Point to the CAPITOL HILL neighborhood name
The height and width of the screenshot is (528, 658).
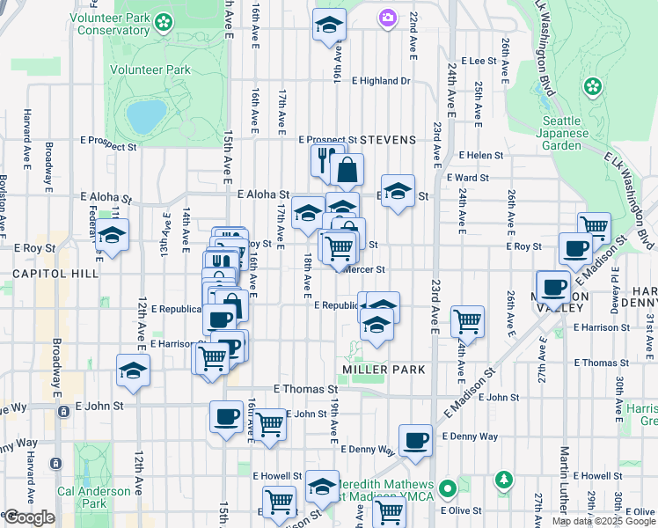[49, 275]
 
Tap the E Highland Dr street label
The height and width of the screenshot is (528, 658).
[381, 81]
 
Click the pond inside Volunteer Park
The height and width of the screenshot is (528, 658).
[146, 114]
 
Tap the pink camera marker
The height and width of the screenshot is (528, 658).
[388, 18]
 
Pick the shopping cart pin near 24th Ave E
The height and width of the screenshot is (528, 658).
[467, 320]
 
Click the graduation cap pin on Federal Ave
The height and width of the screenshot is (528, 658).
[113, 235]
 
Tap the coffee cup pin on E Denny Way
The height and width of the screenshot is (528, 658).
[415, 439]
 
